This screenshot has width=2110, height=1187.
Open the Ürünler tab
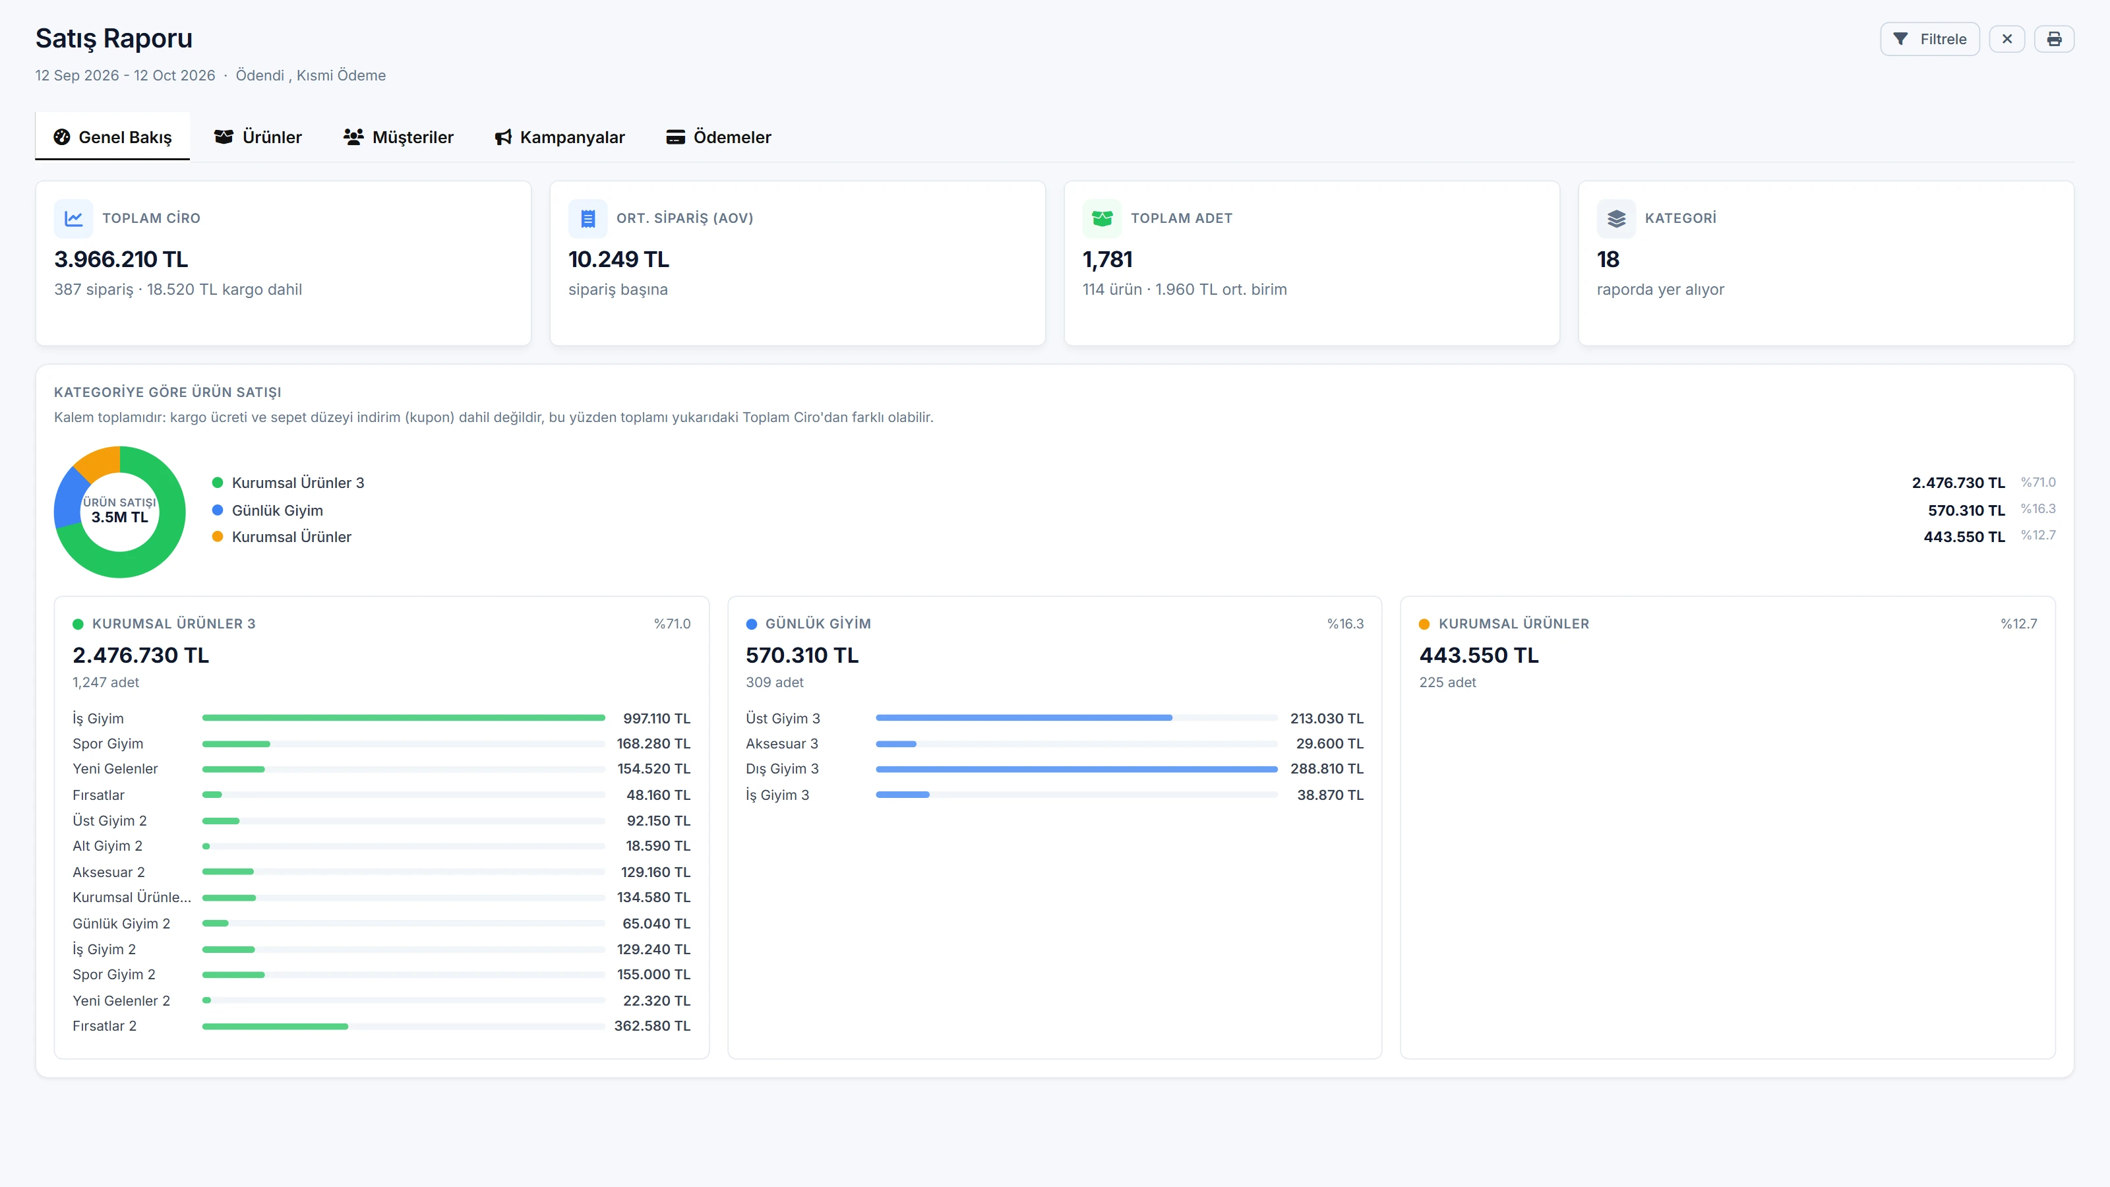click(258, 137)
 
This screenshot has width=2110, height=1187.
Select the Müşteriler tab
click(398, 137)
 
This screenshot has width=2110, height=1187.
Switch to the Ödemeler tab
click(718, 137)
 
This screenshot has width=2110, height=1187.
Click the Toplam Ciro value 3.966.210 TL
click(121, 259)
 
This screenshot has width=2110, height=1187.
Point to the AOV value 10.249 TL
click(618, 259)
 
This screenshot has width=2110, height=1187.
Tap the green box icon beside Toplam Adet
click(1102, 218)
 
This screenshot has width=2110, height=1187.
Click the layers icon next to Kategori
click(1615, 218)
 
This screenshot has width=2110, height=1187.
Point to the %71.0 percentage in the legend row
click(2038, 483)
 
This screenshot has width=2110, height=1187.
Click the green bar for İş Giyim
click(404, 717)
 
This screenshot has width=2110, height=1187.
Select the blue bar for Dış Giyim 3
click(1076, 769)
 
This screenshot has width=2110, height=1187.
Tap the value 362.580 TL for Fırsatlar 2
click(652, 1025)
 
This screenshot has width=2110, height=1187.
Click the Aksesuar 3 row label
click(781, 744)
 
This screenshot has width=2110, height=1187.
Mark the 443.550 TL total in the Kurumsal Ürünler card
click(1478, 655)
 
